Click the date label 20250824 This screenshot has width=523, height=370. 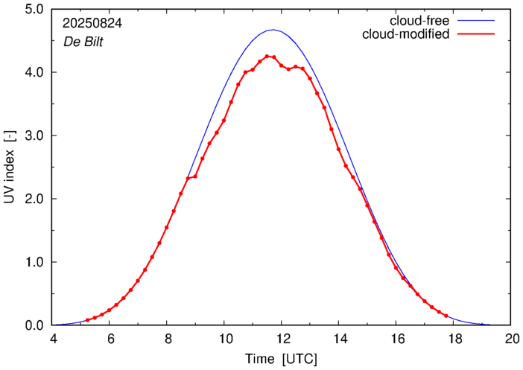pyautogui.click(x=92, y=23)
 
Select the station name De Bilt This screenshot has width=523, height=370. pyautogui.click(x=83, y=42)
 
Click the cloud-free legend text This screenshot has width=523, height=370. pyautogui.click(x=419, y=21)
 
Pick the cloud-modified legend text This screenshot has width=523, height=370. pyautogui.click(x=405, y=34)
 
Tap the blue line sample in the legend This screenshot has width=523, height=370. pyautogui.click(x=476, y=21)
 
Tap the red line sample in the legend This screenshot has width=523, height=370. pyautogui.click(x=476, y=34)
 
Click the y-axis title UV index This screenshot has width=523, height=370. pyautogui.click(x=10, y=168)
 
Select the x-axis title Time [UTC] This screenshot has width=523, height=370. pyautogui.click(x=281, y=360)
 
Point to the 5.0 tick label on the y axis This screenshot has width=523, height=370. pyautogui.click(x=34, y=9)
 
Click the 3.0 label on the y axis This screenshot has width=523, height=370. pyautogui.click(x=34, y=135)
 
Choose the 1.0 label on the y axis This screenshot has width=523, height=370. pyautogui.click(x=34, y=262)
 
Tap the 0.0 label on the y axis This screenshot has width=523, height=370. pyautogui.click(x=34, y=325)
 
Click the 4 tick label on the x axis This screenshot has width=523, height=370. pyautogui.click(x=53, y=339)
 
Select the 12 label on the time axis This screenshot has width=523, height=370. pyautogui.click(x=282, y=339)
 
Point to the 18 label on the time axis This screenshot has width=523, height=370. pyautogui.click(x=453, y=339)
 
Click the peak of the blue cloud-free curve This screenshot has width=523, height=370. pyautogui.click(x=273, y=30)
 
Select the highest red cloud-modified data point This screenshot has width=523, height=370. pyautogui.click(x=267, y=57)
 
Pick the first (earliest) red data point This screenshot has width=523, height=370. pyautogui.click(x=88, y=320)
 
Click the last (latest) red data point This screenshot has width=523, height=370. pyautogui.click(x=446, y=316)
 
